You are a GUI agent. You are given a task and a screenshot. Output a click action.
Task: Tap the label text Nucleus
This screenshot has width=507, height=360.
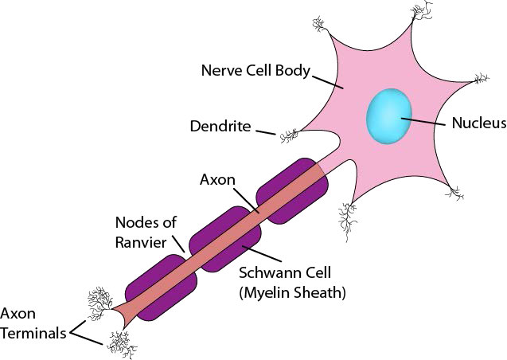point(478,123)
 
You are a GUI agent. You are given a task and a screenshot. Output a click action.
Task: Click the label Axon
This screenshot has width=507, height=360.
point(216,180)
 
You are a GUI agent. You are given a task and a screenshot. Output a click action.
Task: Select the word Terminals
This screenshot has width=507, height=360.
point(33,334)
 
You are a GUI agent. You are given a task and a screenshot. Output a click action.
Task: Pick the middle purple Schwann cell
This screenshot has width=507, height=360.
point(231,239)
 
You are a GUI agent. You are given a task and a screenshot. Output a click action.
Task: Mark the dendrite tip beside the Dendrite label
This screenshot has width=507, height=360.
point(286,137)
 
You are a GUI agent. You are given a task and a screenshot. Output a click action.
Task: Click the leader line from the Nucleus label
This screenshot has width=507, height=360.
point(423,123)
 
